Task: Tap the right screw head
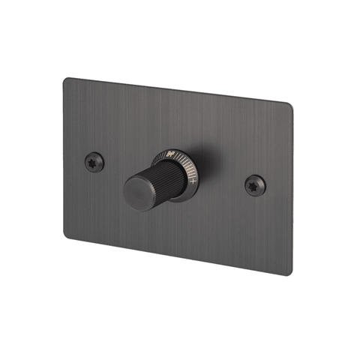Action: (255, 182)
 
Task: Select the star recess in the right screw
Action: (255, 182)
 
